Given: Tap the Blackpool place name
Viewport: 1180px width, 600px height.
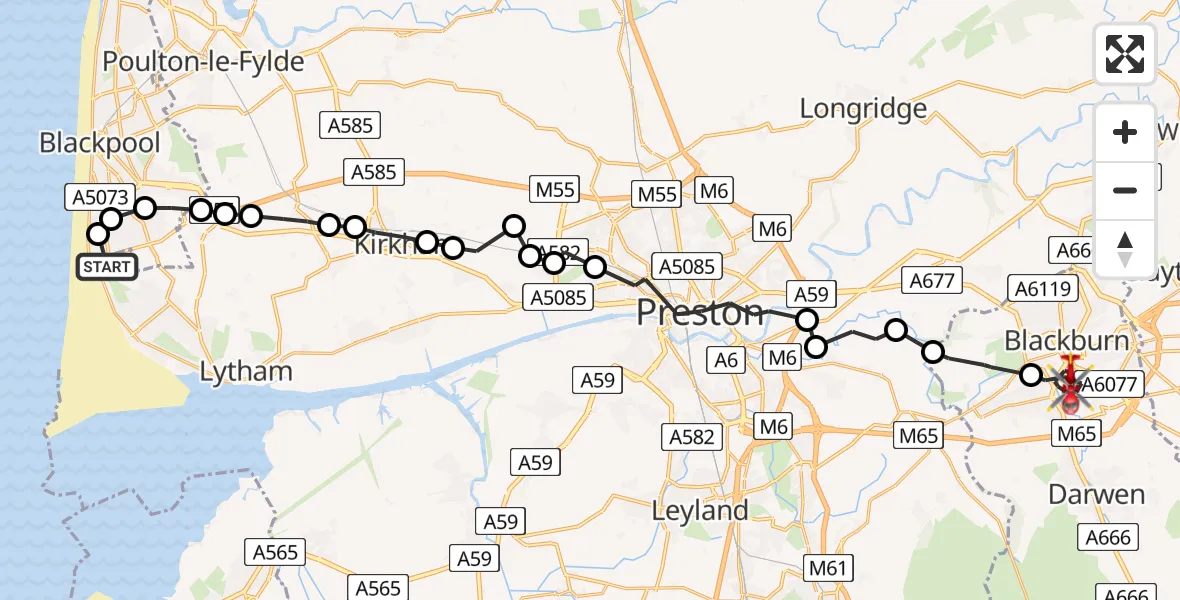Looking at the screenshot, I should click(x=100, y=143).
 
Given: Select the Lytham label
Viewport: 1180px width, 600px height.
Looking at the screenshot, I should click(x=246, y=372).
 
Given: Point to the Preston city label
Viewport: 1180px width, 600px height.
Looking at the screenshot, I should click(x=700, y=313).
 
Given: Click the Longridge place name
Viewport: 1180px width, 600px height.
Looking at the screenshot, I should click(x=863, y=108).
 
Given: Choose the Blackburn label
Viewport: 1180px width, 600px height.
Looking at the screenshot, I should click(x=1067, y=341).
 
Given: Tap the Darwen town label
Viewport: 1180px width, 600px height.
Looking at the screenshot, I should click(x=1097, y=494).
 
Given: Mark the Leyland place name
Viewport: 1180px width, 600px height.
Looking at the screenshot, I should click(x=700, y=510).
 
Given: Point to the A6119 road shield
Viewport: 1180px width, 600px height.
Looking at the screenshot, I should click(x=1043, y=290).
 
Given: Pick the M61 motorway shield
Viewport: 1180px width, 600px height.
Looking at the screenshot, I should click(x=828, y=569).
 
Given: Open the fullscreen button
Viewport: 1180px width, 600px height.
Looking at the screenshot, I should click(x=1125, y=54).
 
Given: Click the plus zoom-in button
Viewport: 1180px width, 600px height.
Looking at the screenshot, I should click(x=1125, y=132).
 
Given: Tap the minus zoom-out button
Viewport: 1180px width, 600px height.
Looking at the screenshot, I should click(x=1125, y=190).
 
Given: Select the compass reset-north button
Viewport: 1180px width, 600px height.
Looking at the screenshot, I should click(x=1125, y=247).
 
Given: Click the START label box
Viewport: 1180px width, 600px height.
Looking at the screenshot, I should click(x=107, y=267).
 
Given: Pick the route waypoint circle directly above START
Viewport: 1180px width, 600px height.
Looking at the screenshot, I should click(x=98, y=235).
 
